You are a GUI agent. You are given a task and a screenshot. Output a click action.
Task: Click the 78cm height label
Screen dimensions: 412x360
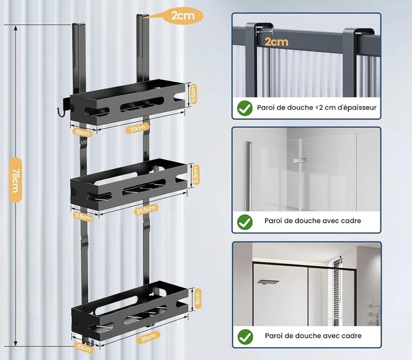[x=15, y=180]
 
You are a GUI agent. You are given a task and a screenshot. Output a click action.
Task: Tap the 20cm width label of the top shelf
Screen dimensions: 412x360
[x=137, y=128]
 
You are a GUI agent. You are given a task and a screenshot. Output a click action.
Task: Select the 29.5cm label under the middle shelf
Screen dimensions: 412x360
[x=146, y=210]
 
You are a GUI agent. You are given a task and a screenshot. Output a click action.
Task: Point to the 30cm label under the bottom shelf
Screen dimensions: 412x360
[x=148, y=337]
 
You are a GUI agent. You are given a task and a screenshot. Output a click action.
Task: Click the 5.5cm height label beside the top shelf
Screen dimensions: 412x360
[x=194, y=94]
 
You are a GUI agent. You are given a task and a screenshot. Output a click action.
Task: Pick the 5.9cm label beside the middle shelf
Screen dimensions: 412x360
[x=196, y=175]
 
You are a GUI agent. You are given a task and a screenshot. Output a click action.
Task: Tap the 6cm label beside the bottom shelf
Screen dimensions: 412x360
[x=198, y=299]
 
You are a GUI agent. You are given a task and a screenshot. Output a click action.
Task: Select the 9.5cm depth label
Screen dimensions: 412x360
[x=83, y=217]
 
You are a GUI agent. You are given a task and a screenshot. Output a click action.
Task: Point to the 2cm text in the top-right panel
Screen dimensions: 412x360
[x=277, y=42]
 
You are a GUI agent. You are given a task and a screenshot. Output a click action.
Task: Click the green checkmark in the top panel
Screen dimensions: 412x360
[x=245, y=108]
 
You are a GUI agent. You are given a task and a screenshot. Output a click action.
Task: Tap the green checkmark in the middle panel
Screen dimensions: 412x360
[x=245, y=222]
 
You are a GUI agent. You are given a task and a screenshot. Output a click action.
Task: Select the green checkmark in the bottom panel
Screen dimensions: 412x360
[x=245, y=337]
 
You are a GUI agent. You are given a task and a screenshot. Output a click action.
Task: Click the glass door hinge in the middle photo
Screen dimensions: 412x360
[x=300, y=160]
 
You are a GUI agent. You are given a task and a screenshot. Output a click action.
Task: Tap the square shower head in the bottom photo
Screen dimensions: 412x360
[x=268, y=282]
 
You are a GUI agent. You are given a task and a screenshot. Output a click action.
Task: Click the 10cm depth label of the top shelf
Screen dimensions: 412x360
[x=82, y=132]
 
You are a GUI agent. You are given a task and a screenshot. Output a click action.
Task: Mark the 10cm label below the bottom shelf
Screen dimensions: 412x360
[x=84, y=348]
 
